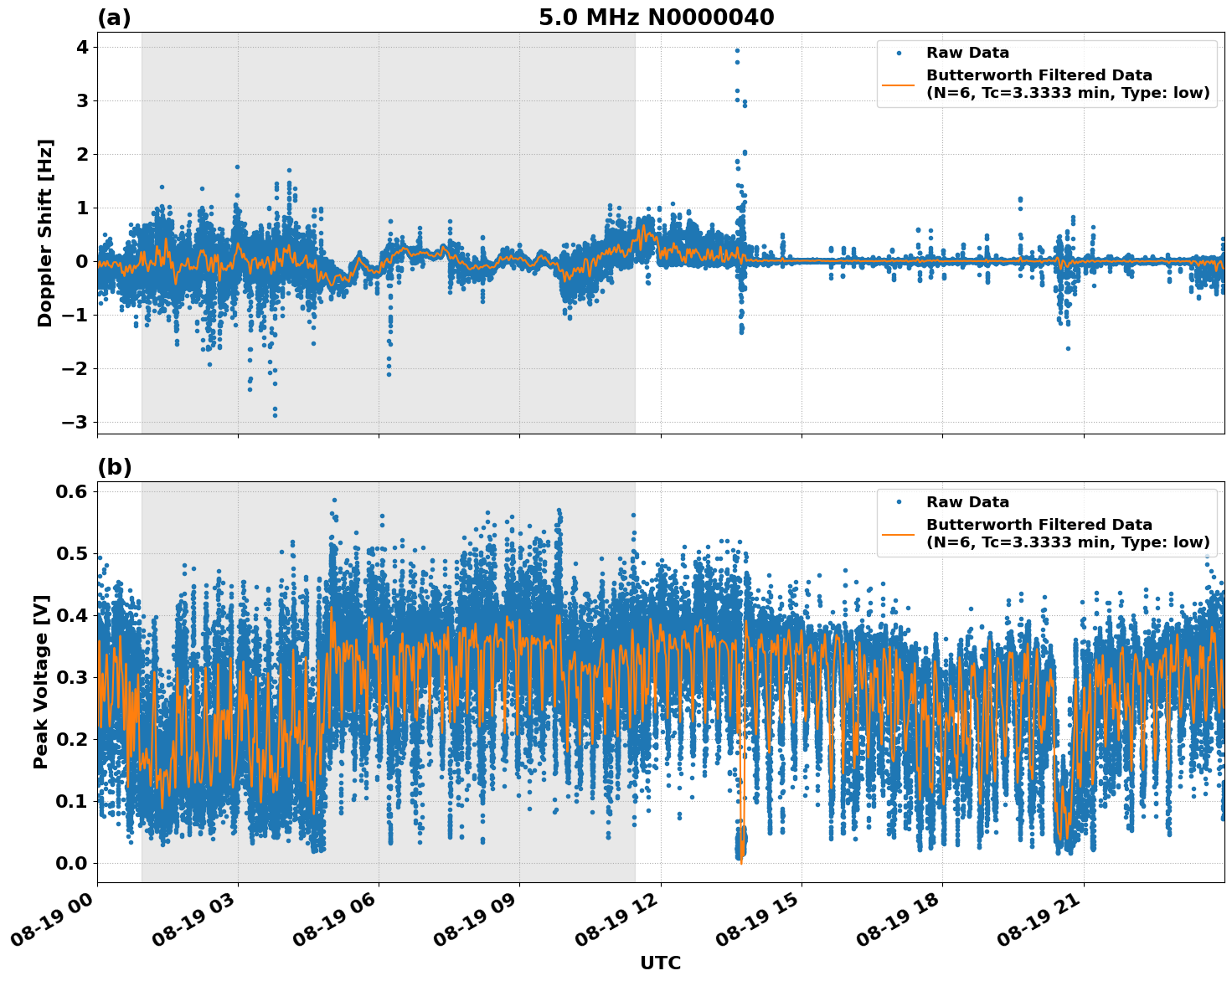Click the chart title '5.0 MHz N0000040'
click(x=656, y=18)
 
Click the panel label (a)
click(x=114, y=18)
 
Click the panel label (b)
click(x=114, y=467)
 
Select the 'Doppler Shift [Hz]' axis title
click(x=45, y=233)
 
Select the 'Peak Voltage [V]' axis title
click(x=41, y=681)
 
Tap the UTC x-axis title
click(x=660, y=963)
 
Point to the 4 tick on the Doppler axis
click(x=82, y=48)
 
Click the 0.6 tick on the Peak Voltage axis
click(x=72, y=491)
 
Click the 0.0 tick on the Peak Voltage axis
click(x=72, y=863)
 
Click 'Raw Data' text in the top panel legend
click(x=967, y=53)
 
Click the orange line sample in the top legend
click(x=898, y=84)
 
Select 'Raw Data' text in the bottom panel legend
click(x=967, y=502)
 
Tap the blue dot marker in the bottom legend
click(x=898, y=502)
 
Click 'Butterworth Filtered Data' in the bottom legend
click(x=1039, y=525)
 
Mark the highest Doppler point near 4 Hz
click(x=737, y=50)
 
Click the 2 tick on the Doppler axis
click(x=82, y=154)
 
